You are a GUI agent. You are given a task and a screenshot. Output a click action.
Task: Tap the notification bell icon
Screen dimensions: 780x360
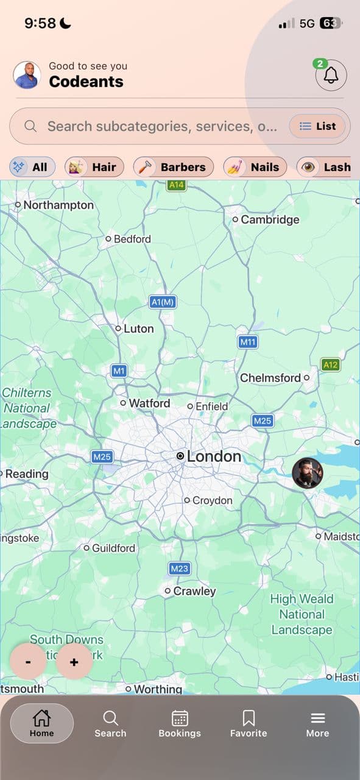coord(331,76)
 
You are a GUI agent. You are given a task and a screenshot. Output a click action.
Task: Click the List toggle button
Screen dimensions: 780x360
coord(317,126)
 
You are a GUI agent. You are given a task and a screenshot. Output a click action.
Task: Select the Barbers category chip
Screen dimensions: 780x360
coord(174,167)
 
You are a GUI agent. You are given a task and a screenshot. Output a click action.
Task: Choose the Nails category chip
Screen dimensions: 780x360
coord(255,167)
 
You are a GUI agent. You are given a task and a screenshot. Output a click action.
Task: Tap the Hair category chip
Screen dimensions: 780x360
coord(94,167)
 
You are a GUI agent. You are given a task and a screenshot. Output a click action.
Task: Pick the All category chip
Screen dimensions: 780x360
coord(32,167)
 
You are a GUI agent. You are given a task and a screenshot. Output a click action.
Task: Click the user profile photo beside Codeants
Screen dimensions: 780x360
coord(27,76)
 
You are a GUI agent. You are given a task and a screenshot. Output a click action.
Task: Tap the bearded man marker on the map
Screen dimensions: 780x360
coord(307,473)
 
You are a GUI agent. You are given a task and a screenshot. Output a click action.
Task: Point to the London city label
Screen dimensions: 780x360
coord(213,456)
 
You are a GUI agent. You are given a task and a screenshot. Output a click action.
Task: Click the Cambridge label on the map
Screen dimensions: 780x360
coord(269,219)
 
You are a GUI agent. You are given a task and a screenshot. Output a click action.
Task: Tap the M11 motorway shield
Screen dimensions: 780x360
coord(248,342)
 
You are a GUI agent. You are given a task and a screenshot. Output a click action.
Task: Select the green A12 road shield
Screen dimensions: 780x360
coord(330,365)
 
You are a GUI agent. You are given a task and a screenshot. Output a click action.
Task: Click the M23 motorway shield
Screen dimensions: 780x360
coord(179,569)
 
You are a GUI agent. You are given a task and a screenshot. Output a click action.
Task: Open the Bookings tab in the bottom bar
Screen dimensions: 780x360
coord(180,724)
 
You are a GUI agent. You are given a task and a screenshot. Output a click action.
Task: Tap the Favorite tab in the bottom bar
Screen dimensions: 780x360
coord(249,724)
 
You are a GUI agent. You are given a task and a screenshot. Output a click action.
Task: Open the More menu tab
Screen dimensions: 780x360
coord(317,724)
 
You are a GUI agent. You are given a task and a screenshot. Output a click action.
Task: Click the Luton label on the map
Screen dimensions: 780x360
coord(138,328)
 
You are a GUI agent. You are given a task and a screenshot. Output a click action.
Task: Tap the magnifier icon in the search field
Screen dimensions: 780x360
coord(30,126)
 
